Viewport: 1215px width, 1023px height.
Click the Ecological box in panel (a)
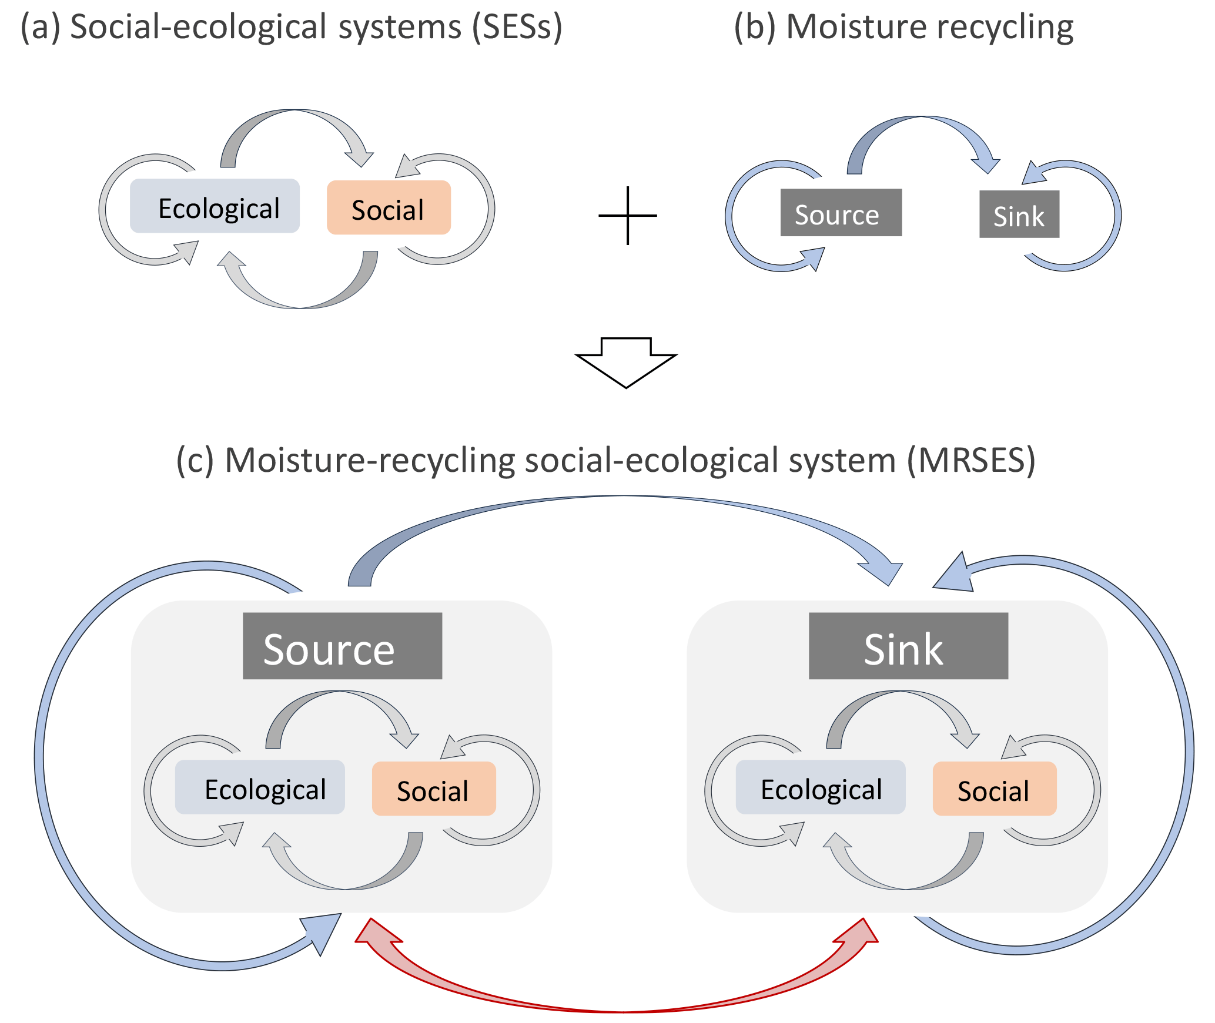pyautogui.click(x=215, y=206)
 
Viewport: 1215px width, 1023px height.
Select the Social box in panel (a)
pyautogui.click(x=389, y=208)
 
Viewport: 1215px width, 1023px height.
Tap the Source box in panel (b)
pyautogui.click(x=841, y=213)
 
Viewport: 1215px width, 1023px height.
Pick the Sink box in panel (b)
pyautogui.click(x=1019, y=214)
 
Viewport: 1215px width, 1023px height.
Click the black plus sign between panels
pyautogui.click(x=628, y=216)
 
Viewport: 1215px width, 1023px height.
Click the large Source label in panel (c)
pyautogui.click(x=342, y=646)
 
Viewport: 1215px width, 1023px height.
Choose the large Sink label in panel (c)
pyautogui.click(x=908, y=646)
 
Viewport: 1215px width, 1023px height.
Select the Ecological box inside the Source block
pyautogui.click(x=260, y=787)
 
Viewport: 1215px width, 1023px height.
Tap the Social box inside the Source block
pyautogui.click(x=434, y=789)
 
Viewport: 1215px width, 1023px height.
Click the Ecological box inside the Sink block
pyautogui.click(x=821, y=787)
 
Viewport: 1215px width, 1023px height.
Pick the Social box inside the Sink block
pyautogui.click(x=995, y=789)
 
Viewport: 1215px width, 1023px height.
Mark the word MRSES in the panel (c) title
pyautogui.click(x=970, y=460)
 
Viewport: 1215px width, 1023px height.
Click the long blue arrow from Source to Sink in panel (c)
pyautogui.click(x=623, y=498)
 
